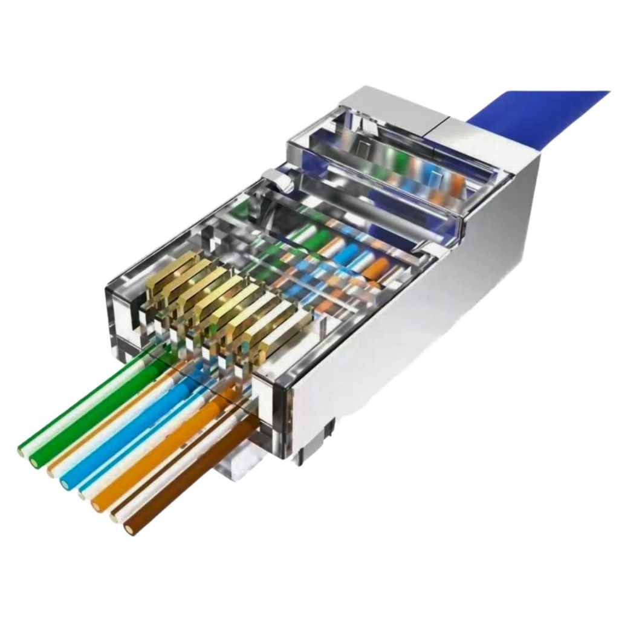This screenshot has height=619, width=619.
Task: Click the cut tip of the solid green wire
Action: click(34, 462)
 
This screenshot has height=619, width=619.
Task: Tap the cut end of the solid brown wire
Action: click(129, 530)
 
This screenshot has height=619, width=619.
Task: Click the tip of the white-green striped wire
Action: click(23, 450)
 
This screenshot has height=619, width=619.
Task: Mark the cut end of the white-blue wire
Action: click(82, 495)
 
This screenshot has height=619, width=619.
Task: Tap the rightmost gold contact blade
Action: click(284, 339)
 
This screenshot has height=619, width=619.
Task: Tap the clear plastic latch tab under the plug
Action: click(242, 465)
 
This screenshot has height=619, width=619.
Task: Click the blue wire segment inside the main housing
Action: click(348, 254)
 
